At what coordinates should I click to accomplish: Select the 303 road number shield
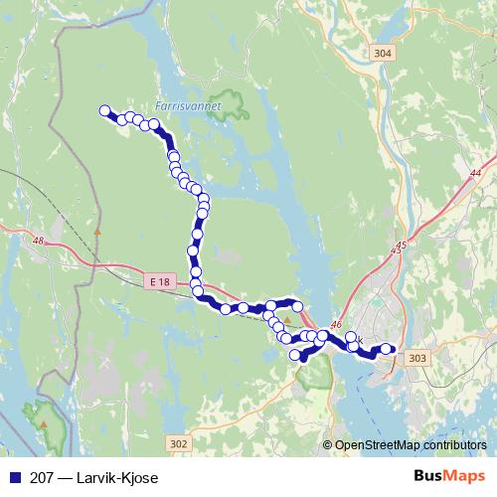click(417, 358)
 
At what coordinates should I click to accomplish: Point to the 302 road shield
click(178, 443)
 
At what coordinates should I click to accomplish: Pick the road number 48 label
click(39, 240)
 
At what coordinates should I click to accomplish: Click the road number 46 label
click(335, 324)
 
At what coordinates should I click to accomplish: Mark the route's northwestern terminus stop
click(103, 111)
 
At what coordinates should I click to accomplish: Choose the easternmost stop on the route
click(387, 349)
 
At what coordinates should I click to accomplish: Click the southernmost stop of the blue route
click(294, 355)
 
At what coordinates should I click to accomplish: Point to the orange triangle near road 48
click(96, 230)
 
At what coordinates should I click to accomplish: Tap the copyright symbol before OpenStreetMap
click(328, 445)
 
